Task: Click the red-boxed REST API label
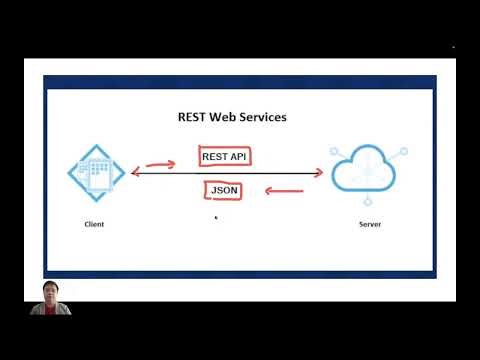coord(225,157)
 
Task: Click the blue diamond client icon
coord(97,172)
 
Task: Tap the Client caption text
coord(94,224)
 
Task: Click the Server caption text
coord(369,224)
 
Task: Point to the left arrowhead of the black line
coord(133,174)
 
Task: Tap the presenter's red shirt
coord(50,311)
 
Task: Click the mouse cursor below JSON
coord(216,215)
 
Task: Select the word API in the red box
coord(240,157)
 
